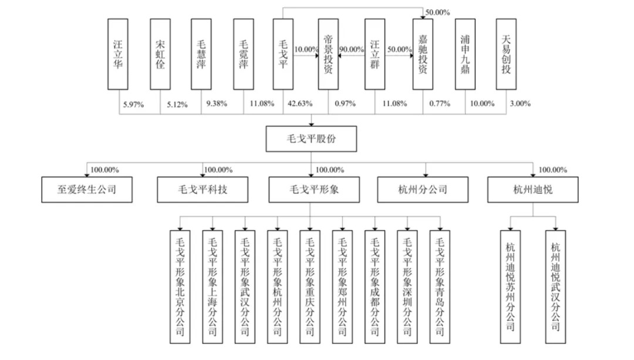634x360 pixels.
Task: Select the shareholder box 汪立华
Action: tap(118, 54)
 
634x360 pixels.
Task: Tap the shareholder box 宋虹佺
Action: tap(160, 54)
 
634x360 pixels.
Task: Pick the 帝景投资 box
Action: tap(329, 54)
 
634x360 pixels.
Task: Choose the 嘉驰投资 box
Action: tap(422, 54)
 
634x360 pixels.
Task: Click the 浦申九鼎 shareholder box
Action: tap(465, 54)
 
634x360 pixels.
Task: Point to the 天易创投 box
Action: tap(507, 54)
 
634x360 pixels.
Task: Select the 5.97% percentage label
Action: tap(133, 104)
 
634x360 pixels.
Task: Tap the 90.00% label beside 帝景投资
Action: tap(352, 50)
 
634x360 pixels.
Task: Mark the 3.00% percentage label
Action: tap(520, 104)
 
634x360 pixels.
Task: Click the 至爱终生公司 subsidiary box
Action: tap(87, 190)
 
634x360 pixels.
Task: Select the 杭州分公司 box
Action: tap(422, 190)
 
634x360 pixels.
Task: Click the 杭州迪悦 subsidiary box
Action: tap(533, 190)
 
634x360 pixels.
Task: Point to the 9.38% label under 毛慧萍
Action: tap(215, 104)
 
